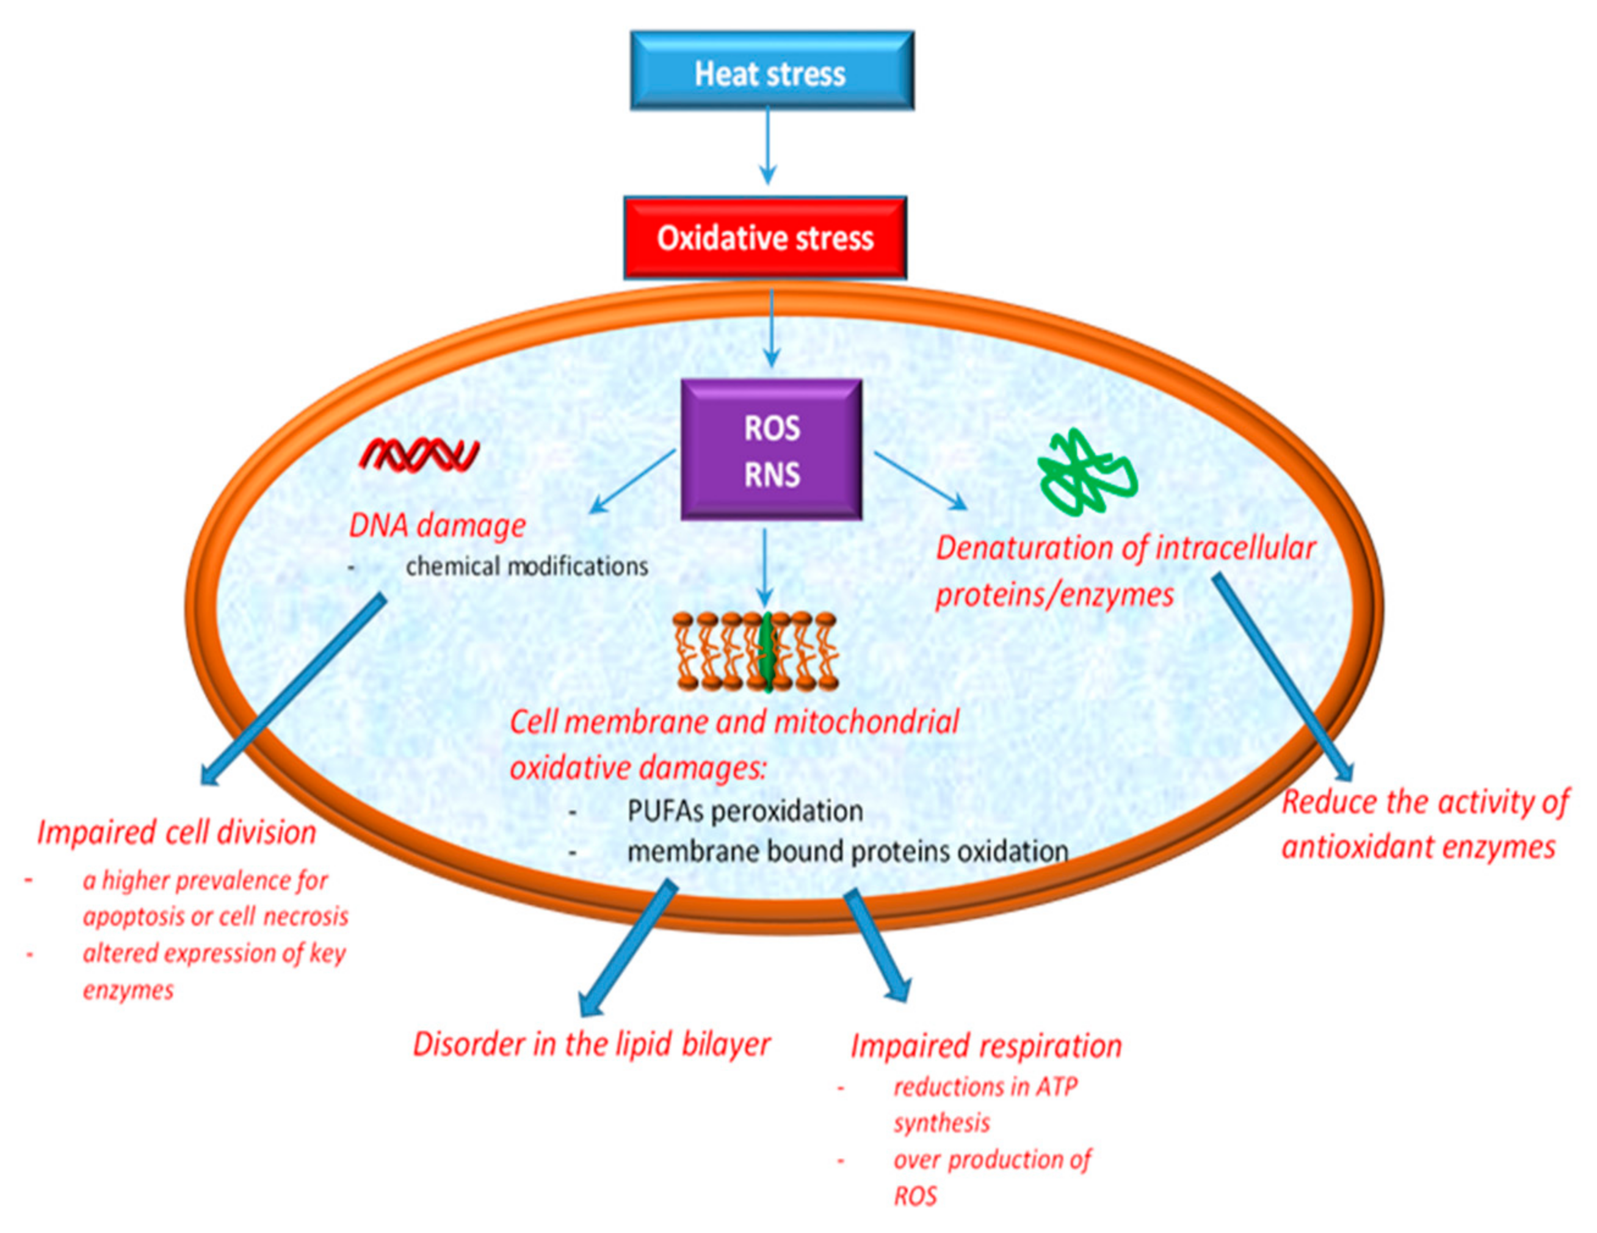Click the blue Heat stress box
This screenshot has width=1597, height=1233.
pos(772,71)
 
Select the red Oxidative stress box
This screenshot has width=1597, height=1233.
pos(765,237)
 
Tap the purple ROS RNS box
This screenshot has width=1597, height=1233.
pos(772,450)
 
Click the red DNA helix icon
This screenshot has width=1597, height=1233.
pos(419,455)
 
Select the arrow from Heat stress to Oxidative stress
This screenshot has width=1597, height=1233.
pos(767,146)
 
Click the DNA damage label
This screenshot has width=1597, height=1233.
pos(437,526)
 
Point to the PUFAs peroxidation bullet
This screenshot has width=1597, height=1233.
pos(744,811)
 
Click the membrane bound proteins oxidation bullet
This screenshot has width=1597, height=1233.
pos(847,852)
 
